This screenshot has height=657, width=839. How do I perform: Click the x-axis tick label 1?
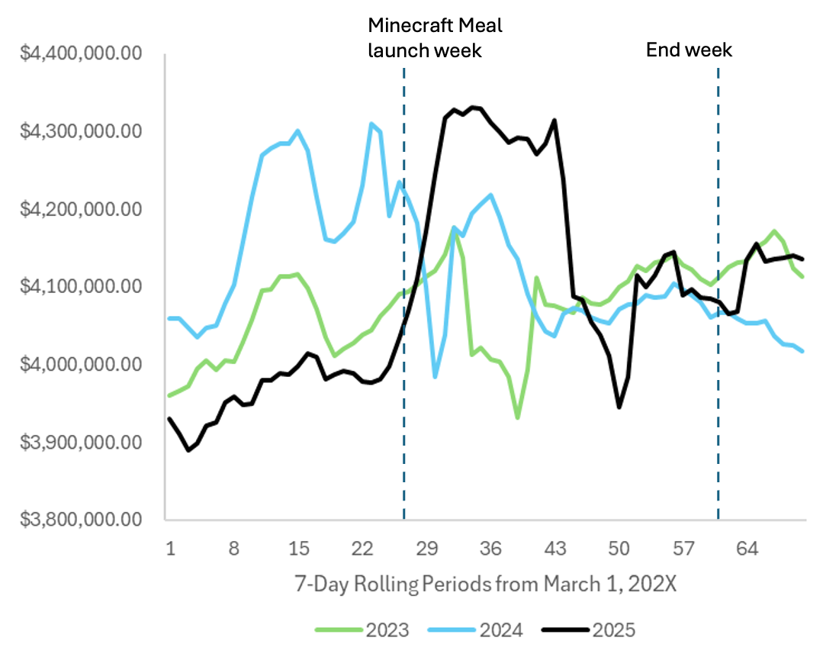[170, 548]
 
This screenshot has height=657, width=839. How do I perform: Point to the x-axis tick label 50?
[620, 548]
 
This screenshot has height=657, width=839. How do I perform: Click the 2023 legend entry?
[363, 630]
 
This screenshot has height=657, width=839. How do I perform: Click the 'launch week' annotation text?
[425, 51]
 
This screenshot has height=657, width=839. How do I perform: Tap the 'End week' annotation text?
[689, 50]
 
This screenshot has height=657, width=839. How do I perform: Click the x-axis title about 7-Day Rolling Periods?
[486, 585]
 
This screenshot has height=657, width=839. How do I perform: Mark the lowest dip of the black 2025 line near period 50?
[619, 407]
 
